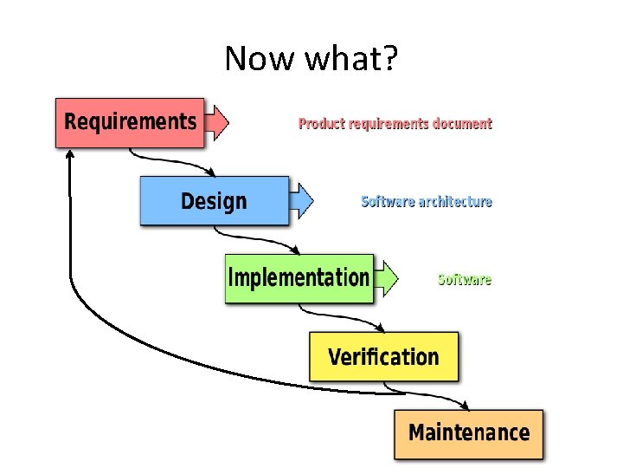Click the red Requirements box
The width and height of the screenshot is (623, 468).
[130, 122]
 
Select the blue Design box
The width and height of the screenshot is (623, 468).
[214, 201]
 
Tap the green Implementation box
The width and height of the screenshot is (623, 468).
[299, 278]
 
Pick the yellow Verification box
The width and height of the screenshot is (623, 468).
[383, 356]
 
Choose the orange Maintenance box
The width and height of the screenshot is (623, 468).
[468, 433]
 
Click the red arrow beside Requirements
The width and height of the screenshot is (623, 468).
[218, 122]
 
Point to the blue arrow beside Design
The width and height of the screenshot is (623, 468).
[302, 201]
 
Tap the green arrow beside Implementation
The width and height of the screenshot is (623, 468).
[387, 278]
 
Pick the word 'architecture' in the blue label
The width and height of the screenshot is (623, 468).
[455, 202]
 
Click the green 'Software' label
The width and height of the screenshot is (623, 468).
[465, 280]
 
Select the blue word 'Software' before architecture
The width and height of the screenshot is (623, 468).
[387, 202]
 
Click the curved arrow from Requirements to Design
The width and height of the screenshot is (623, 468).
[164, 161]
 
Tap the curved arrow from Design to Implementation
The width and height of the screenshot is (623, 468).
[251, 239]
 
